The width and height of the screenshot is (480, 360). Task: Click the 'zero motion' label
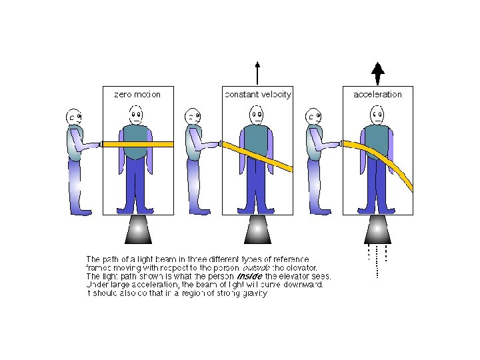coord(138,94)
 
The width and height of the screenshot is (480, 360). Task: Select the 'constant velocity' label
coord(257,94)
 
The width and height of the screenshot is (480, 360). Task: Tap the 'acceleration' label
coord(377,94)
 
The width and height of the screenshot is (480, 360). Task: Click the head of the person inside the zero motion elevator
coord(136,115)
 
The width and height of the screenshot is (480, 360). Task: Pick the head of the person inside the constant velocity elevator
coord(257,115)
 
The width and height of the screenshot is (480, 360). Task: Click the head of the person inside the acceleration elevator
coord(377,115)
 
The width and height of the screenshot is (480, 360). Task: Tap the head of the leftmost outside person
coord(75,118)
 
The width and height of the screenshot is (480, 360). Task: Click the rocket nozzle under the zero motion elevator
coord(137,229)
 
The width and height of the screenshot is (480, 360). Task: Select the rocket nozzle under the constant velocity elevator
coord(257,229)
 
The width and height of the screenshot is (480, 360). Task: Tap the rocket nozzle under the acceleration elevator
coord(378,229)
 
